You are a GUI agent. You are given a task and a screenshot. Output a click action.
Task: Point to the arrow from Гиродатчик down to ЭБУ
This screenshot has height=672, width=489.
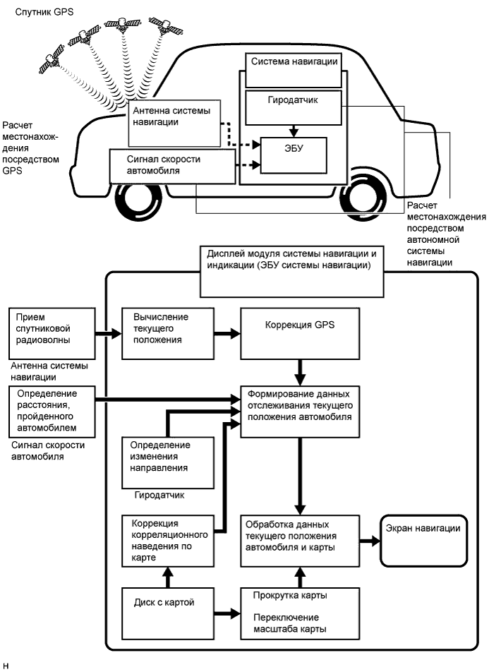pos(294,130)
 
